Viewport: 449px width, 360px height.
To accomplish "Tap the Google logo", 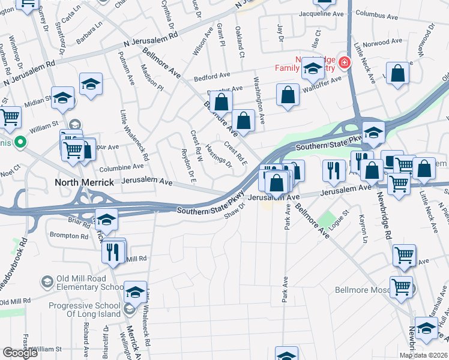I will coord(20,353).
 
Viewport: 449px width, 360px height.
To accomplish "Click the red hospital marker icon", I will coord(345,61).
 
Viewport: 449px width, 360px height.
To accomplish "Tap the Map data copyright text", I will coord(423,355).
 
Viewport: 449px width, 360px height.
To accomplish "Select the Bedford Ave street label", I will coord(212,76).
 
